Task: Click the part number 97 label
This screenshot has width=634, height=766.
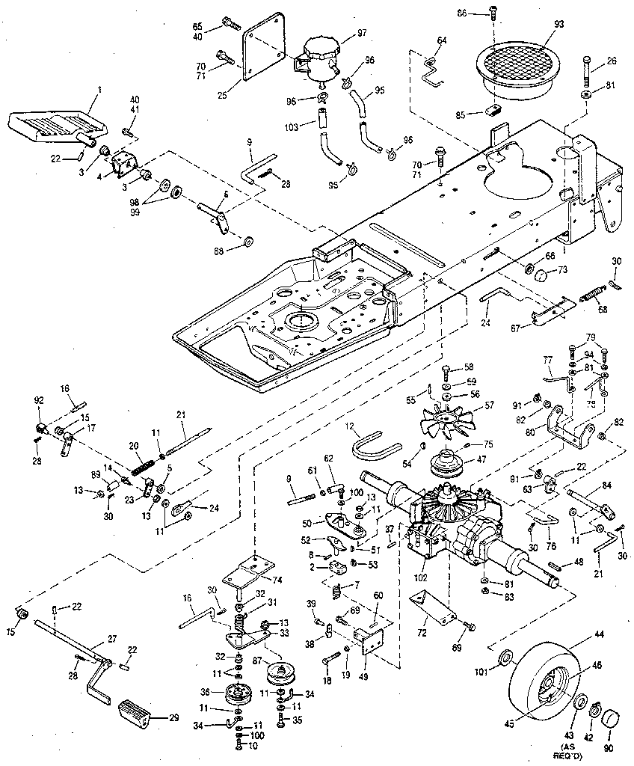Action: (x=362, y=33)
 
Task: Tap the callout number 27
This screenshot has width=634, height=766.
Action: (x=112, y=638)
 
